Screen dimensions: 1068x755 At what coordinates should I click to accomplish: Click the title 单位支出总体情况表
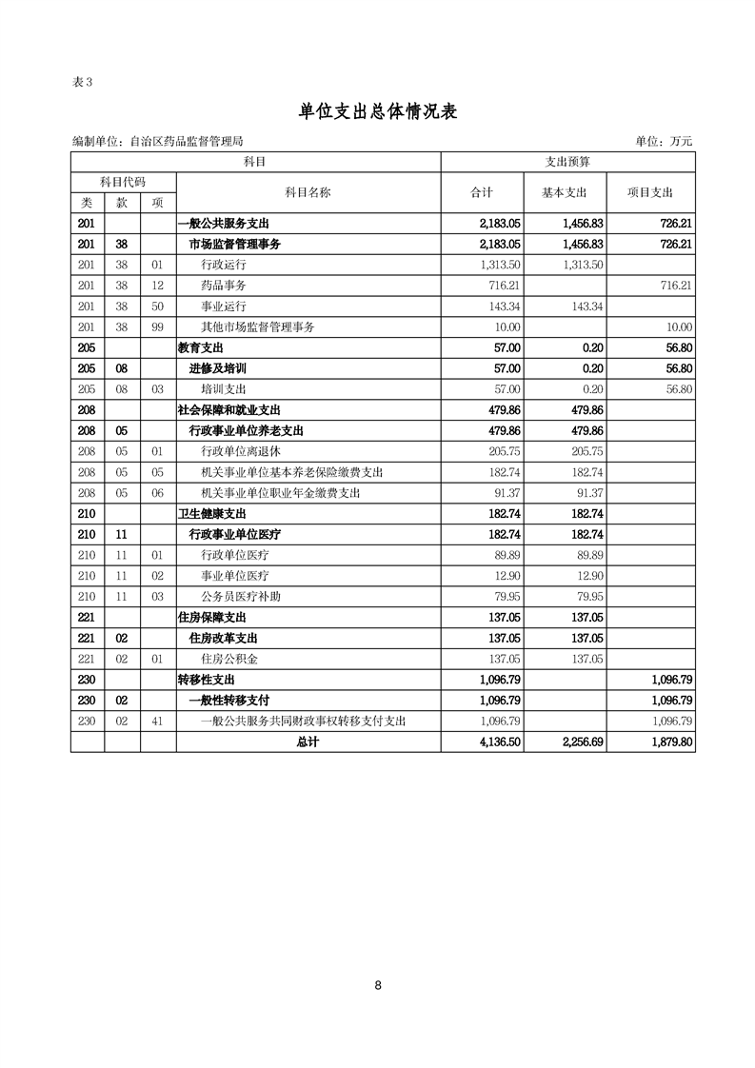pyautogui.click(x=378, y=111)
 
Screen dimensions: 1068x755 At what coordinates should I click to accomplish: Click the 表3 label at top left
pyautogui.click(x=83, y=81)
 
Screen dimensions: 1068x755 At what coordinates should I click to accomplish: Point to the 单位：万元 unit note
pyautogui.click(x=664, y=142)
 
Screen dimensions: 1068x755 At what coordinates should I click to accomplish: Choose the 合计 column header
pyautogui.click(x=482, y=192)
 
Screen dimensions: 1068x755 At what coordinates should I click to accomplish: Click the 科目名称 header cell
pyautogui.click(x=308, y=192)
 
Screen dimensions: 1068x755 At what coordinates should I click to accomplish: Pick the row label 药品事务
pyautogui.click(x=224, y=285)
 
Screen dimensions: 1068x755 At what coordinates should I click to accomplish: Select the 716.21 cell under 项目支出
pyautogui.click(x=673, y=285)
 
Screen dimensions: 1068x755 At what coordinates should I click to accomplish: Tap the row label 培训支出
pyautogui.click(x=224, y=389)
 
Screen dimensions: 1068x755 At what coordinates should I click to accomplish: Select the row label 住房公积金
pyautogui.click(x=229, y=659)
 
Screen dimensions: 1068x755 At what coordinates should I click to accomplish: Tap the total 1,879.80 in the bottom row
pyautogui.click(x=670, y=742)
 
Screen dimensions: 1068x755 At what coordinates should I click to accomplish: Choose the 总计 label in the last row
pyautogui.click(x=308, y=742)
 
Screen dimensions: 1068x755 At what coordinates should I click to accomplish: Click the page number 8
pyautogui.click(x=378, y=985)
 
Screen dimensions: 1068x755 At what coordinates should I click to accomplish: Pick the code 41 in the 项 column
pyautogui.click(x=157, y=722)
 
